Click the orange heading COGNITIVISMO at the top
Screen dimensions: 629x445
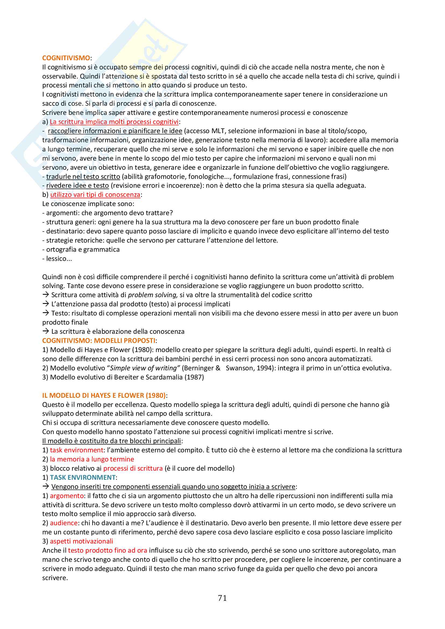point(66,58)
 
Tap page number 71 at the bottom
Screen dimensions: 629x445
point(222,598)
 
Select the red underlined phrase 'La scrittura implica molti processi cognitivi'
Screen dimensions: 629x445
point(114,122)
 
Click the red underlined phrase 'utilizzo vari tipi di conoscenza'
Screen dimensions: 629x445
point(95,194)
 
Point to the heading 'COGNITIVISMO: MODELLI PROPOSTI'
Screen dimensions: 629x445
point(99,340)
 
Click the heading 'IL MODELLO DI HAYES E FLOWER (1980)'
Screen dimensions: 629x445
point(104,395)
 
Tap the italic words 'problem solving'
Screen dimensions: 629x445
point(153,295)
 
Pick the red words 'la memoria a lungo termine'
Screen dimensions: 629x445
point(92,459)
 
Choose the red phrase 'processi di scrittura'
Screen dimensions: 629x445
point(133,468)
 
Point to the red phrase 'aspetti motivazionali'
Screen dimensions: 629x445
point(81,541)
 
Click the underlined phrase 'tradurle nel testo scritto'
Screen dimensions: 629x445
point(83,176)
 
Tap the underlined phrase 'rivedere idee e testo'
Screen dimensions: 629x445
point(77,186)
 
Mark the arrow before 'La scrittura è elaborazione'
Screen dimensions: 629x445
point(45,331)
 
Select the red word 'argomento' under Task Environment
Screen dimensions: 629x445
point(66,496)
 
